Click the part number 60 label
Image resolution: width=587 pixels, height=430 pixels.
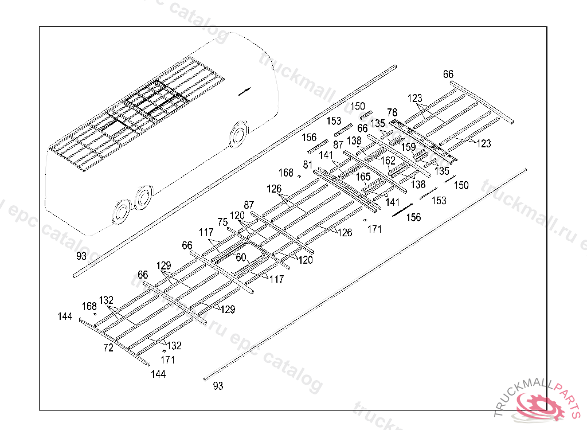click(x=241, y=258)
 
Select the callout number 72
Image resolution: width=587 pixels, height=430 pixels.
click(x=108, y=348)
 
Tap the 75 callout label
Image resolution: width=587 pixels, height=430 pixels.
click(x=222, y=222)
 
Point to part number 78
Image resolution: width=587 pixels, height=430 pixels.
click(x=392, y=112)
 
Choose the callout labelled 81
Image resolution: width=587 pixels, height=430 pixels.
click(x=308, y=165)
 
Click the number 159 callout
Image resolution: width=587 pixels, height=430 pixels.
click(x=408, y=147)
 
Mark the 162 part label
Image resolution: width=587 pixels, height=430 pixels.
click(x=388, y=161)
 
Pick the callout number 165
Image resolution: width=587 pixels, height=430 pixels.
click(x=363, y=177)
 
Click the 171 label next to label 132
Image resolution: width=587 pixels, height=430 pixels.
click(x=167, y=360)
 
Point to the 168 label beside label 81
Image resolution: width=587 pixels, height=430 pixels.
click(x=286, y=173)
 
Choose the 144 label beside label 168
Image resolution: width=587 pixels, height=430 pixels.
click(x=65, y=316)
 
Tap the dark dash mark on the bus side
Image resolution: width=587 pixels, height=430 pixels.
click(x=244, y=90)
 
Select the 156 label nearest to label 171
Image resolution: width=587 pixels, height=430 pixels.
click(x=413, y=217)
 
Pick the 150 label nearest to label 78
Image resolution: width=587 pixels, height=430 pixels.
click(x=358, y=106)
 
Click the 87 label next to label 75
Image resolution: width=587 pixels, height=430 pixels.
click(x=249, y=205)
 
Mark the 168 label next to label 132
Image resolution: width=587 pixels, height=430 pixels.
click(x=89, y=306)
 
